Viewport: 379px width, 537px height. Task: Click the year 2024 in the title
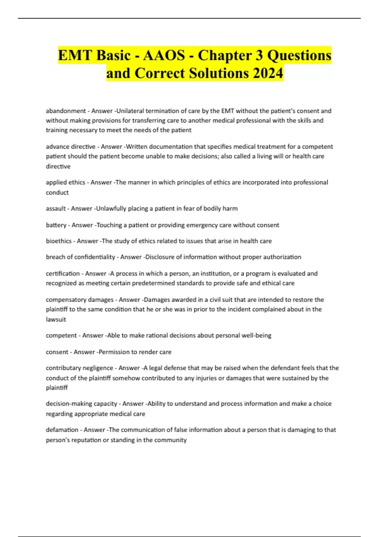click(268, 73)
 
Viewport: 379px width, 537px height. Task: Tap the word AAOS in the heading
click(164, 56)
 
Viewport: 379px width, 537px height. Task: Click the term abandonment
click(66, 111)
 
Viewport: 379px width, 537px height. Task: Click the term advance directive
click(70, 147)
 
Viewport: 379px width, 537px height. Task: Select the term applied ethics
click(65, 182)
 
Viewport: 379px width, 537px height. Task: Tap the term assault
click(56, 208)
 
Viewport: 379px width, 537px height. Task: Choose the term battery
click(56, 225)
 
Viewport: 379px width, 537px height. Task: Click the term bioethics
click(58, 241)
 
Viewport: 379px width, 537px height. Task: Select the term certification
click(63, 274)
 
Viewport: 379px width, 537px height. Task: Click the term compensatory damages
click(79, 299)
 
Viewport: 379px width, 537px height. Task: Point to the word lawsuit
click(56, 319)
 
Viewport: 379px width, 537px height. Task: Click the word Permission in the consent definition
click(114, 352)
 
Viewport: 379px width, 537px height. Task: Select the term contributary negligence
click(79, 368)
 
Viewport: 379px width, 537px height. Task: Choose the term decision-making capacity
click(81, 404)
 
